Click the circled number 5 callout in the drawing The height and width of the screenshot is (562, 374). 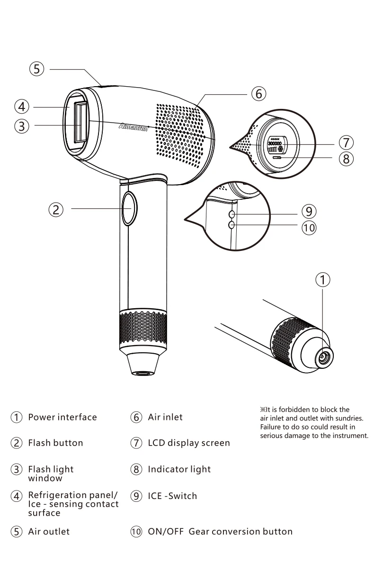pos(36,69)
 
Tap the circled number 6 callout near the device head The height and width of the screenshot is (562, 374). pos(258,94)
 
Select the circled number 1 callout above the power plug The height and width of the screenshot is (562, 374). pos(322,279)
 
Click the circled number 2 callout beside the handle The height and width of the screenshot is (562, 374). pos(56,210)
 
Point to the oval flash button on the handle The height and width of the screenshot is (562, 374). pos(129,208)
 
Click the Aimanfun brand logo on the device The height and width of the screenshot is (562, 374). pos(133,127)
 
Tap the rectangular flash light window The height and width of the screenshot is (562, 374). pos(80,122)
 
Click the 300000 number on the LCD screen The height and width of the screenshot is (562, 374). pos(275,144)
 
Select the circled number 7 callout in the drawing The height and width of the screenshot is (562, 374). pos(346,143)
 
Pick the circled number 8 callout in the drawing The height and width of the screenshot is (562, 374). pos(346,159)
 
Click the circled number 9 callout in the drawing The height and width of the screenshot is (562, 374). pos(309,211)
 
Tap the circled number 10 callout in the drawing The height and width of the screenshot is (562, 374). pos(309,228)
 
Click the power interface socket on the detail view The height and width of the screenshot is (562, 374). pos(324,357)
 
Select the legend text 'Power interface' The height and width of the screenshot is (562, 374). pos(62,417)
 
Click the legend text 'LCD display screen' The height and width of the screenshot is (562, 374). pos(189,443)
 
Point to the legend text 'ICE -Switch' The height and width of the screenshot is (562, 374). pos(172,496)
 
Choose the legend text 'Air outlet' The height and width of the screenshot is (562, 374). pos(49,532)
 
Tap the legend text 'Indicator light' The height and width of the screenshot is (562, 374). pos(179,470)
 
